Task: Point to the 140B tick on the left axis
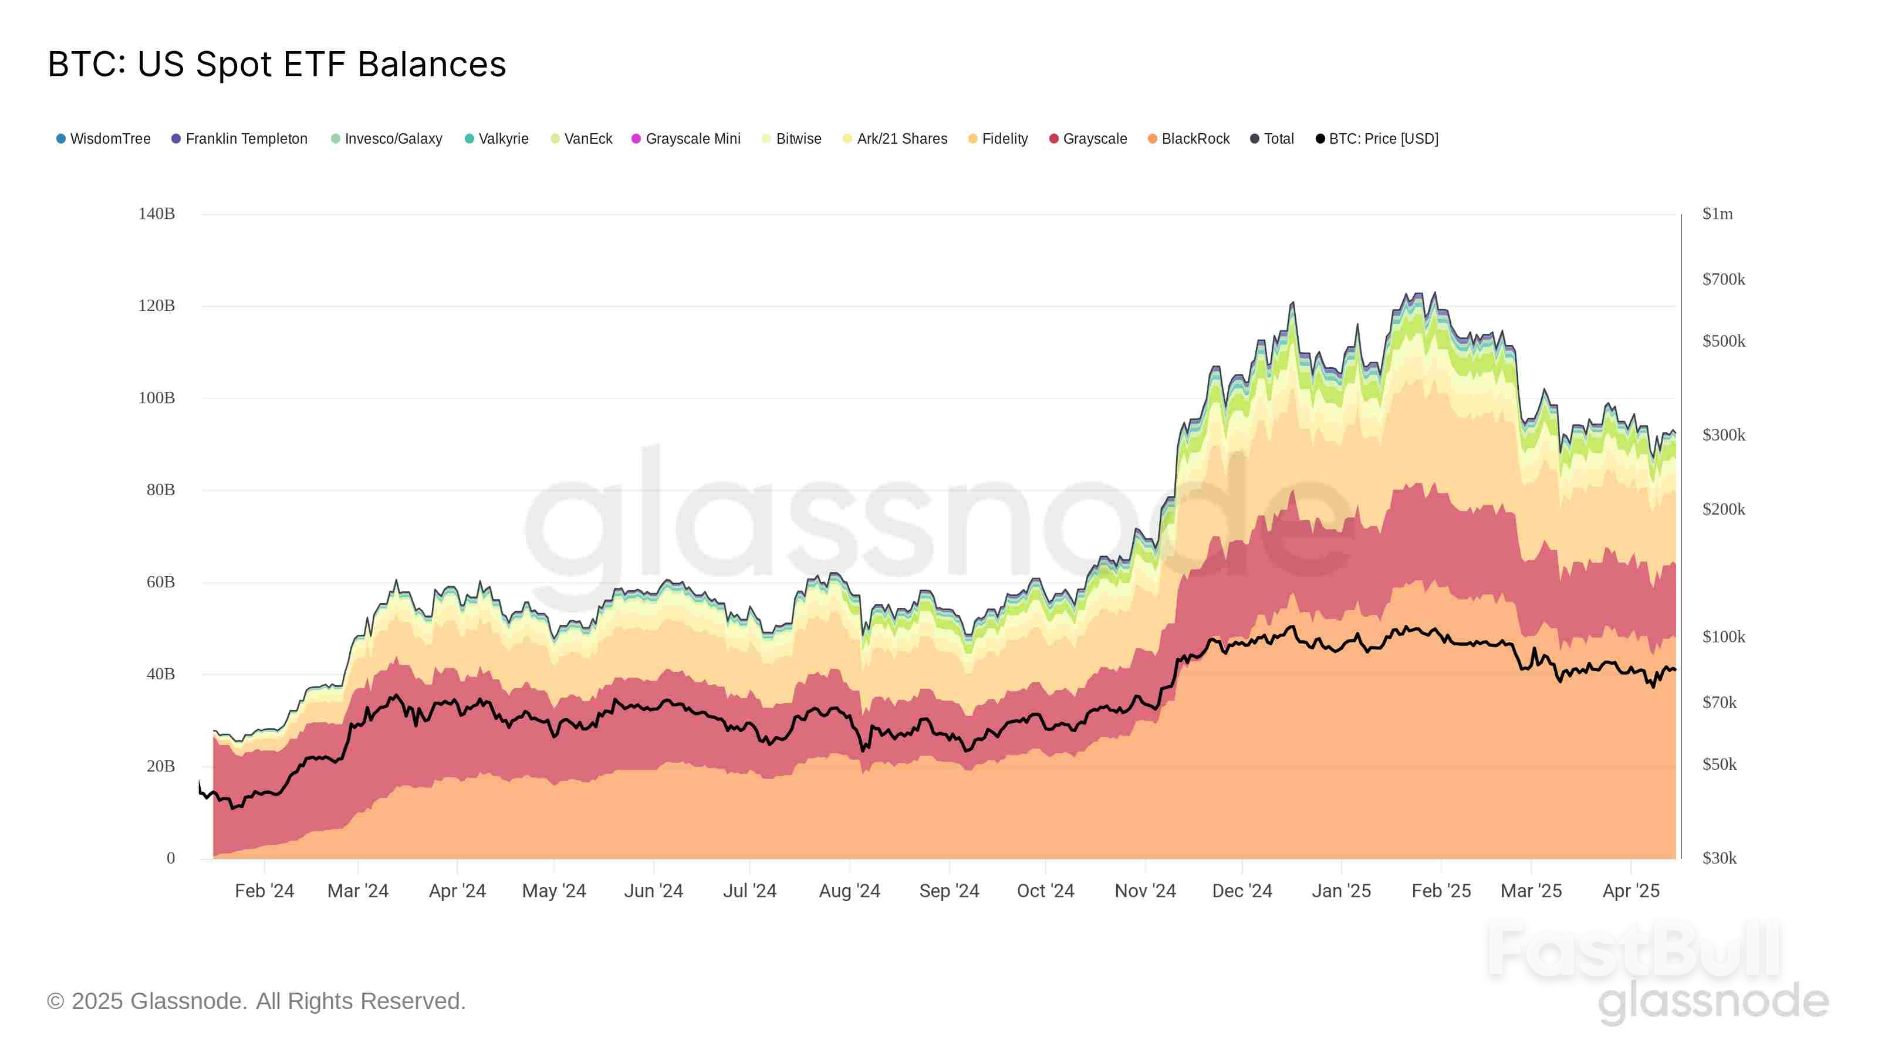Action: click(157, 214)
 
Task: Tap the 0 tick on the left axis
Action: click(171, 858)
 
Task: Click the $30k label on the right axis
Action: click(1719, 858)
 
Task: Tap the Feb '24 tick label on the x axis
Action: click(264, 891)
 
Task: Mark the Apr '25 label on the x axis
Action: click(1630, 891)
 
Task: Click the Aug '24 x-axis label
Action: click(849, 891)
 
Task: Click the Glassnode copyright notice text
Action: click(256, 1001)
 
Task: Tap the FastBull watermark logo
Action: click(1633, 951)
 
